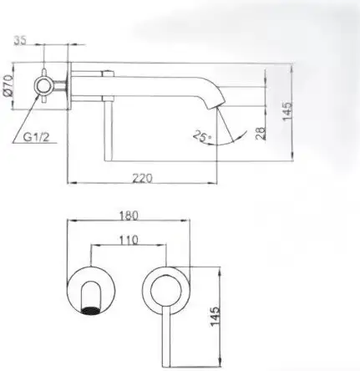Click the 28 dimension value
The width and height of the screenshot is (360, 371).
point(260,131)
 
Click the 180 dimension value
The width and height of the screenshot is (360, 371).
point(129,214)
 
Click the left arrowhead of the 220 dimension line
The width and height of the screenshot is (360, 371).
point(70,182)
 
